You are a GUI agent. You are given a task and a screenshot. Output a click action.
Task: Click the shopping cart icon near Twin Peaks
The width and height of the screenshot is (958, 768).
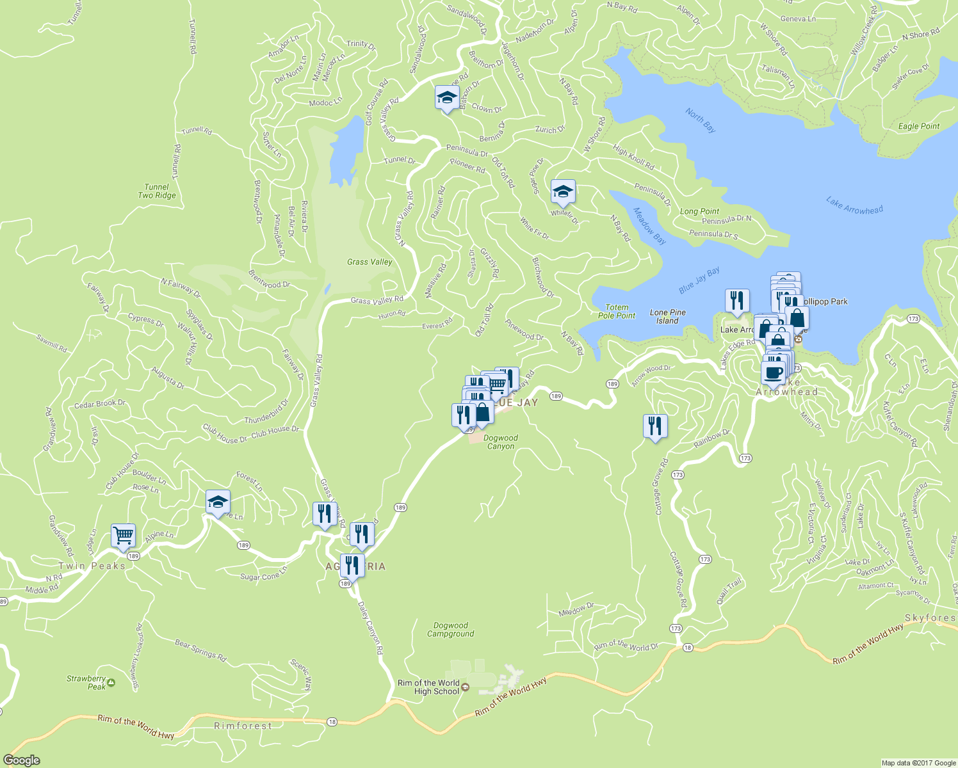(x=123, y=535)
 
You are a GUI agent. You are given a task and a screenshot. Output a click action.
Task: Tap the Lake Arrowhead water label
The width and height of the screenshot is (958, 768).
(x=854, y=205)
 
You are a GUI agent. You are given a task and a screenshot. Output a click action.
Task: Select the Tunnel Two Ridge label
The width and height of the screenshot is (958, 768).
(x=157, y=191)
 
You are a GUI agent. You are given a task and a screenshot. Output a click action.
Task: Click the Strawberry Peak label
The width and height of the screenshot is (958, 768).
(x=87, y=682)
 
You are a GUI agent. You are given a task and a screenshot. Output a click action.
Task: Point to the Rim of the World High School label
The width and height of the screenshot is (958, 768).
(x=428, y=687)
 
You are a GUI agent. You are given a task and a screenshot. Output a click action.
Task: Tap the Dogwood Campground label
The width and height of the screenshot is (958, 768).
(x=451, y=630)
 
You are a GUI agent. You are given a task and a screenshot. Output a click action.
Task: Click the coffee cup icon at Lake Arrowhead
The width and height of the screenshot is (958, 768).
(x=774, y=372)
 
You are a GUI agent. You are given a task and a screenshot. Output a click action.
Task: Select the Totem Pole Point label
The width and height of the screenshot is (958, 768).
(x=617, y=312)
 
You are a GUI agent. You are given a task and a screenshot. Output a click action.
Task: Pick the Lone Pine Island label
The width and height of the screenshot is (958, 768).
(x=668, y=317)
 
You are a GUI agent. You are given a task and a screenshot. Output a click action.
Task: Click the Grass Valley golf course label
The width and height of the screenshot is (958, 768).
(x=369, y=262)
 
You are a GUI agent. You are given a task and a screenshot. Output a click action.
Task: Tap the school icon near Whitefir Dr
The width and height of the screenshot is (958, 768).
(x=563, y=191)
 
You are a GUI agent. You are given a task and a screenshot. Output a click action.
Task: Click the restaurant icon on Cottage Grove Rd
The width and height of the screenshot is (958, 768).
(x=654, y=426)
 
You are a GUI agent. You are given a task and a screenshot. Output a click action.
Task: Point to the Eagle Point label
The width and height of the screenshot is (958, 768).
(x=919, y=126)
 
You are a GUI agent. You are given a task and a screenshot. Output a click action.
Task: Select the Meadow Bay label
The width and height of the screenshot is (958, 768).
(x=650, y=226)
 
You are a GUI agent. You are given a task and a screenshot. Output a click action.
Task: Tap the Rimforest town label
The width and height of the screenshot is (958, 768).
(x=243, y=726)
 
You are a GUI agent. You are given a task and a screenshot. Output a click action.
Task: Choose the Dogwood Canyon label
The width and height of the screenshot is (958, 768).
(x=501, y=442)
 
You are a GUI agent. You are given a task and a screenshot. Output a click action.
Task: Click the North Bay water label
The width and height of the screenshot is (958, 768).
(x=700, y=120)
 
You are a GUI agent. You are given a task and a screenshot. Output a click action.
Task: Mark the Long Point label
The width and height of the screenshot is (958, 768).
(x=699, y=211)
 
